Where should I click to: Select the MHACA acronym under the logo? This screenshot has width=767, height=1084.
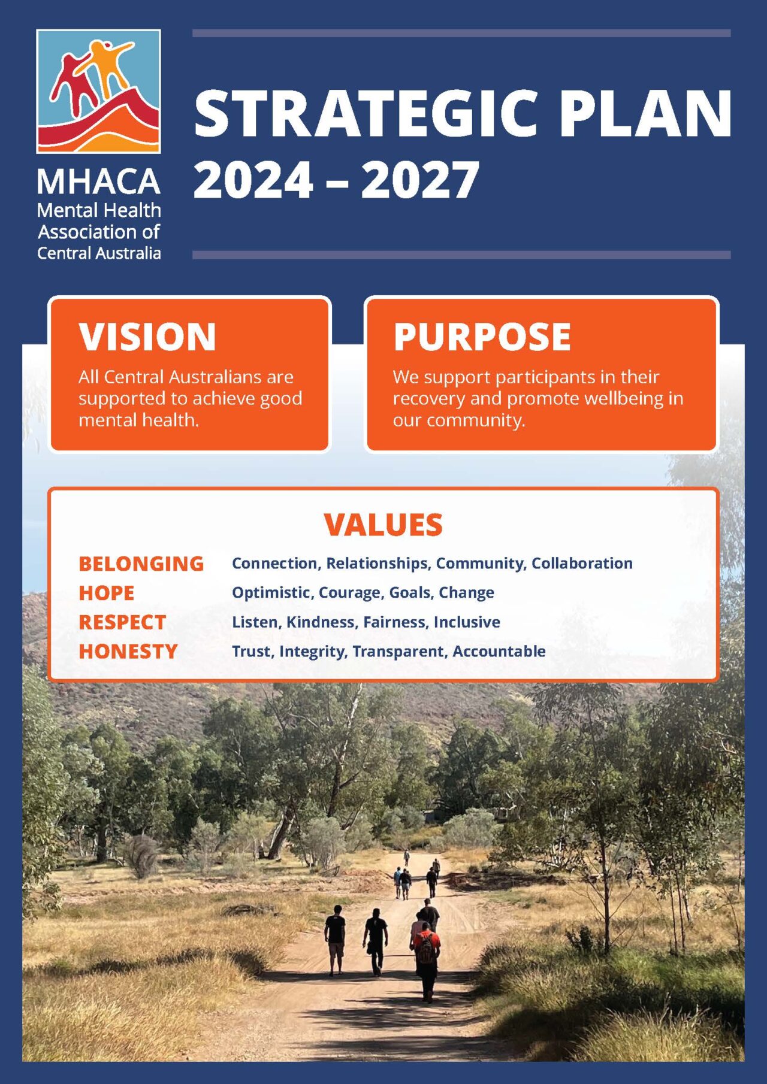(x=99, y=181)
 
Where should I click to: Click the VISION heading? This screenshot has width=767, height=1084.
(x=147, y=337)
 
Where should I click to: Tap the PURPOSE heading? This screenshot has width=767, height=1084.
(x=482, y=337)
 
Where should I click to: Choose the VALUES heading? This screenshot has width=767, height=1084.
(x=383, y=525)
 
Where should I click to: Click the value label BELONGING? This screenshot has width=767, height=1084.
(x=141, y=564)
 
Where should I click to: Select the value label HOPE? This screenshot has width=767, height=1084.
(x=106, y=593)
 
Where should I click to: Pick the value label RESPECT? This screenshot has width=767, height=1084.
(x=122, y=622)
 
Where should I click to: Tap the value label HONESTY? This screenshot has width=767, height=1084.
(x=128, y=652)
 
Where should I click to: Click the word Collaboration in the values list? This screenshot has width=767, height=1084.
(x=582, y=564)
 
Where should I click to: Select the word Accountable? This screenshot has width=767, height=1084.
(x=499, y=652)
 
